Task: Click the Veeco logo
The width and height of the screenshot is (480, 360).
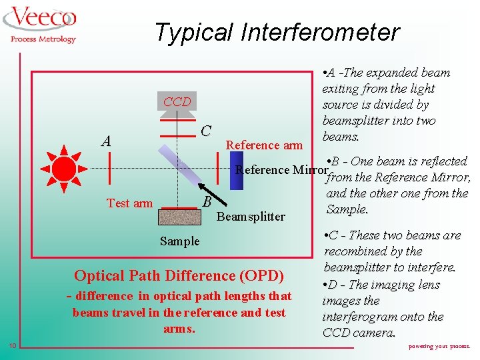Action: coord(42,20)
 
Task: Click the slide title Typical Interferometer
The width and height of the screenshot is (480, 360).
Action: coord(277,31)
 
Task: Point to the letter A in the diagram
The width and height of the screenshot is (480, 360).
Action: coord(105,141)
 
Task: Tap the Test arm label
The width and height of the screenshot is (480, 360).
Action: coord(130,203)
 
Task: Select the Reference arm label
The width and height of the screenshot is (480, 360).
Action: coord(264,145)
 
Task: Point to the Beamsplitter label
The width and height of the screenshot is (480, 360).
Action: coord(251,216)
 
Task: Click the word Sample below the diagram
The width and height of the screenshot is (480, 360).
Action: coord(179,241)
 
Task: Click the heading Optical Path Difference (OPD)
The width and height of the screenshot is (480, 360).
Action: coord(179,275)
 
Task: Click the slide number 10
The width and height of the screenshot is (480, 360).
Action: coord(13,345)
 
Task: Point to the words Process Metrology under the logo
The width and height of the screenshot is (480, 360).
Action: coord(43,39)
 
